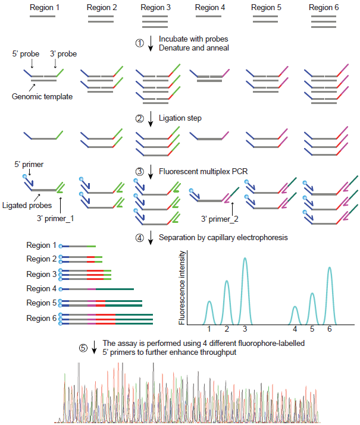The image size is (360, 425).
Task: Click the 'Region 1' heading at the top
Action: [x=45, y=7]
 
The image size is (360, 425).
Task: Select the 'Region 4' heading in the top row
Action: [x=210, y=7]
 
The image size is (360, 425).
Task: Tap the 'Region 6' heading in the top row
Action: [x=324, y=7]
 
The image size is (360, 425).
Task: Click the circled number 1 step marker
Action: [x=139, y=43]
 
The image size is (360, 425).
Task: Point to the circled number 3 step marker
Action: [x=139, y=172]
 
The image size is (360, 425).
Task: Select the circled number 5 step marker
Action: [x=83, y=348]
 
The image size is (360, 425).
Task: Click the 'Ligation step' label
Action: [x=180, y=118]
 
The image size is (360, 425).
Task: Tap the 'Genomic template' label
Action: [x=42, y=96]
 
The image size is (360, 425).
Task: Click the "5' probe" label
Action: [x=26, y=54]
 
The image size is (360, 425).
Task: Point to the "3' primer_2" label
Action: [x=220, y=219]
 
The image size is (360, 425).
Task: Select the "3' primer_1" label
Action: [x=55, y=219]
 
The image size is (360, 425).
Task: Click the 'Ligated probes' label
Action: [x=27, y=206]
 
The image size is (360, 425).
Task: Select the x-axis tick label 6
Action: [x=329, y=329]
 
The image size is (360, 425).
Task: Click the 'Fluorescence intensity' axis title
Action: [x=181, y=288]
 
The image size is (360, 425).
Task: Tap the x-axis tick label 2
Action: [x=227, y=329]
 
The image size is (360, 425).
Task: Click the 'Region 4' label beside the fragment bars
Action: [x=41, y=289]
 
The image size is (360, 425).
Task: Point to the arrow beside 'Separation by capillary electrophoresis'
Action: [x=151, y=238]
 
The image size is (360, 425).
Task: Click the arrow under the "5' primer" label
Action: [x=30, y=172]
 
